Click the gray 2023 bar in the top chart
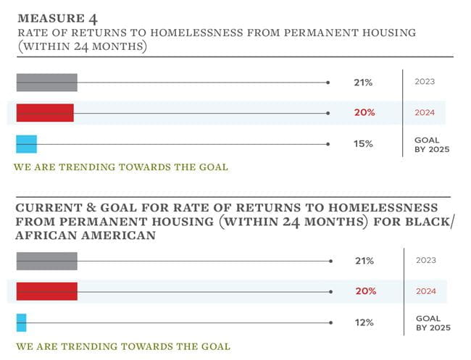46,83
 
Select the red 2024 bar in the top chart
45,113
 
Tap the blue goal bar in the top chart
26,144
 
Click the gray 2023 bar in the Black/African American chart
46,261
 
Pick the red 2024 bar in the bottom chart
46,291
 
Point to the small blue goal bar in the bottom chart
21,322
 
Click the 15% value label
363,144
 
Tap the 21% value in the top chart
363,83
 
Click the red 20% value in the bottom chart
365,291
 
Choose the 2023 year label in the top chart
425,82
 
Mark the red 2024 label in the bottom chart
426,291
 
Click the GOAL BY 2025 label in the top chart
432,144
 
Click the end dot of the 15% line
328,144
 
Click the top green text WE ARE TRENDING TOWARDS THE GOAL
121,167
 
